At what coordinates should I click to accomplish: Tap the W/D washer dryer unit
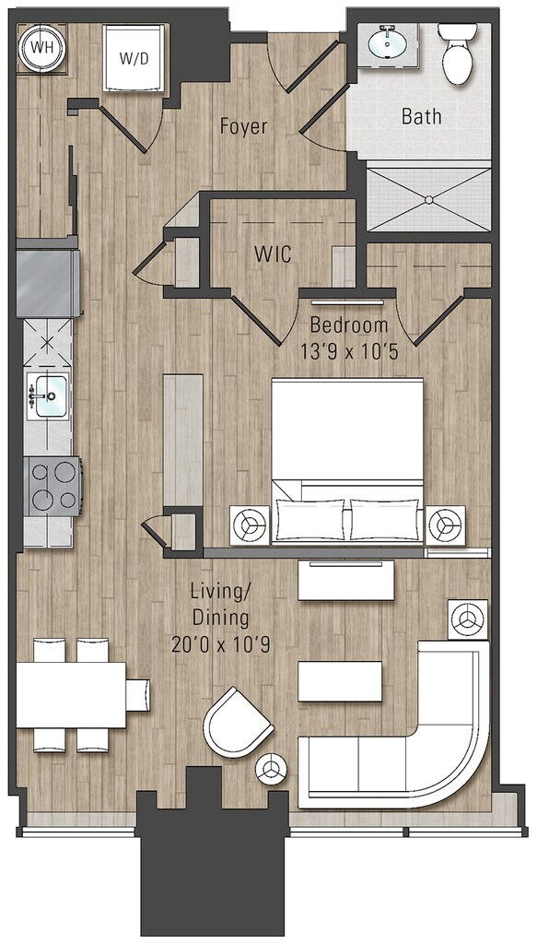[134, 58]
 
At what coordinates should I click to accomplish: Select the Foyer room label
[243, 126]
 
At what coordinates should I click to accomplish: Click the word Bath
[421, 115]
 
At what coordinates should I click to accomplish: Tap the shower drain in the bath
[428, 199]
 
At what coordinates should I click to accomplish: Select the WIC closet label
[273, 254]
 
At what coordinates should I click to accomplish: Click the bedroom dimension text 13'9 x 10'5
[349, 351]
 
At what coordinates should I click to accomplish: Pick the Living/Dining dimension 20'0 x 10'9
[220, 644]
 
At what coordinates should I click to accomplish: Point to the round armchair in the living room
[238, 723]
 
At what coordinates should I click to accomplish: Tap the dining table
[71, 695]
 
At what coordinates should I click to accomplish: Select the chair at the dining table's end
[138, 695]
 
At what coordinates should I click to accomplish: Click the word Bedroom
[349, 325]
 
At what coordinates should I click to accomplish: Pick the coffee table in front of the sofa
[340, 681]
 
